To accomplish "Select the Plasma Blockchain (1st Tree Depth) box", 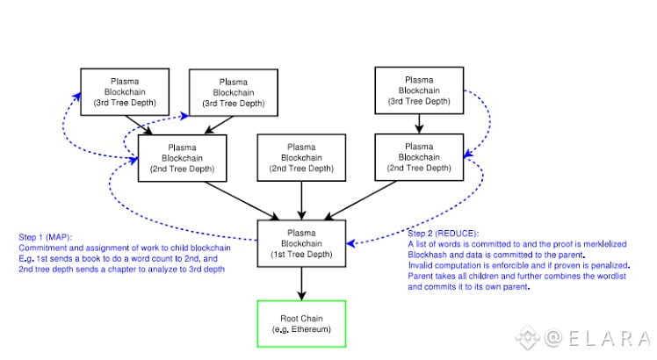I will pos(300,243).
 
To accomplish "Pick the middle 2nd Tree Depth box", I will pos(300,156).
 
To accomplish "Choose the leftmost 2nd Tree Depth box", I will pos(182,156).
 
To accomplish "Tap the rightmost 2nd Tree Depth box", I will pos(420,156).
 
